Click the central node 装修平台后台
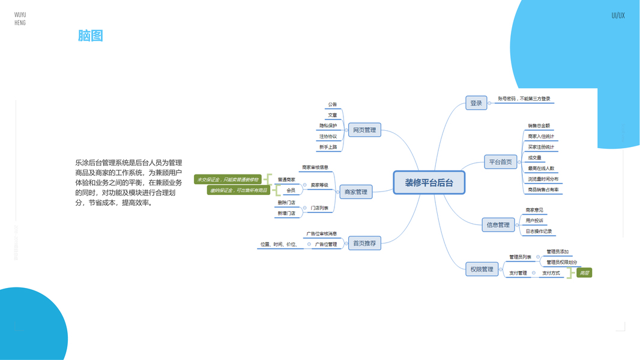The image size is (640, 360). click(x=429, y=182)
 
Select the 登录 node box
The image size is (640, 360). click(x=475, y=103)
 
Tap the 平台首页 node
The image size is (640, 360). click(x=500, y=161)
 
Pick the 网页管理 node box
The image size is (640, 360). click(x=364, y=130)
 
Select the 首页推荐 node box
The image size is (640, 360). click(x=364, y=243)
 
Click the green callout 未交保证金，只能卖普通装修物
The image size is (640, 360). click(x=228, y=179)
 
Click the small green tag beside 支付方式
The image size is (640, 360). click(x=584, y=273)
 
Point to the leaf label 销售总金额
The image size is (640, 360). click(x=539, y=126)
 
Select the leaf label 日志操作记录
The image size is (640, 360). click(x=539, y=231)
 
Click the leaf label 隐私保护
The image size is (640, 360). click(x=328, y=126)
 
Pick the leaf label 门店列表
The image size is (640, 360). click(x=319, y=208)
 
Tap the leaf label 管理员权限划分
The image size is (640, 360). click(x=561, y=262)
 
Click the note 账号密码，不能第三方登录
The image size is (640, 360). click(x=524, y=98)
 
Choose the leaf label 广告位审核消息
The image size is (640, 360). click(x=322, y=233)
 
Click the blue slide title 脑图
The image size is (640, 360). click(x=91, y=35)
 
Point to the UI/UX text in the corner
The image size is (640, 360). click(x=618, y=16)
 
